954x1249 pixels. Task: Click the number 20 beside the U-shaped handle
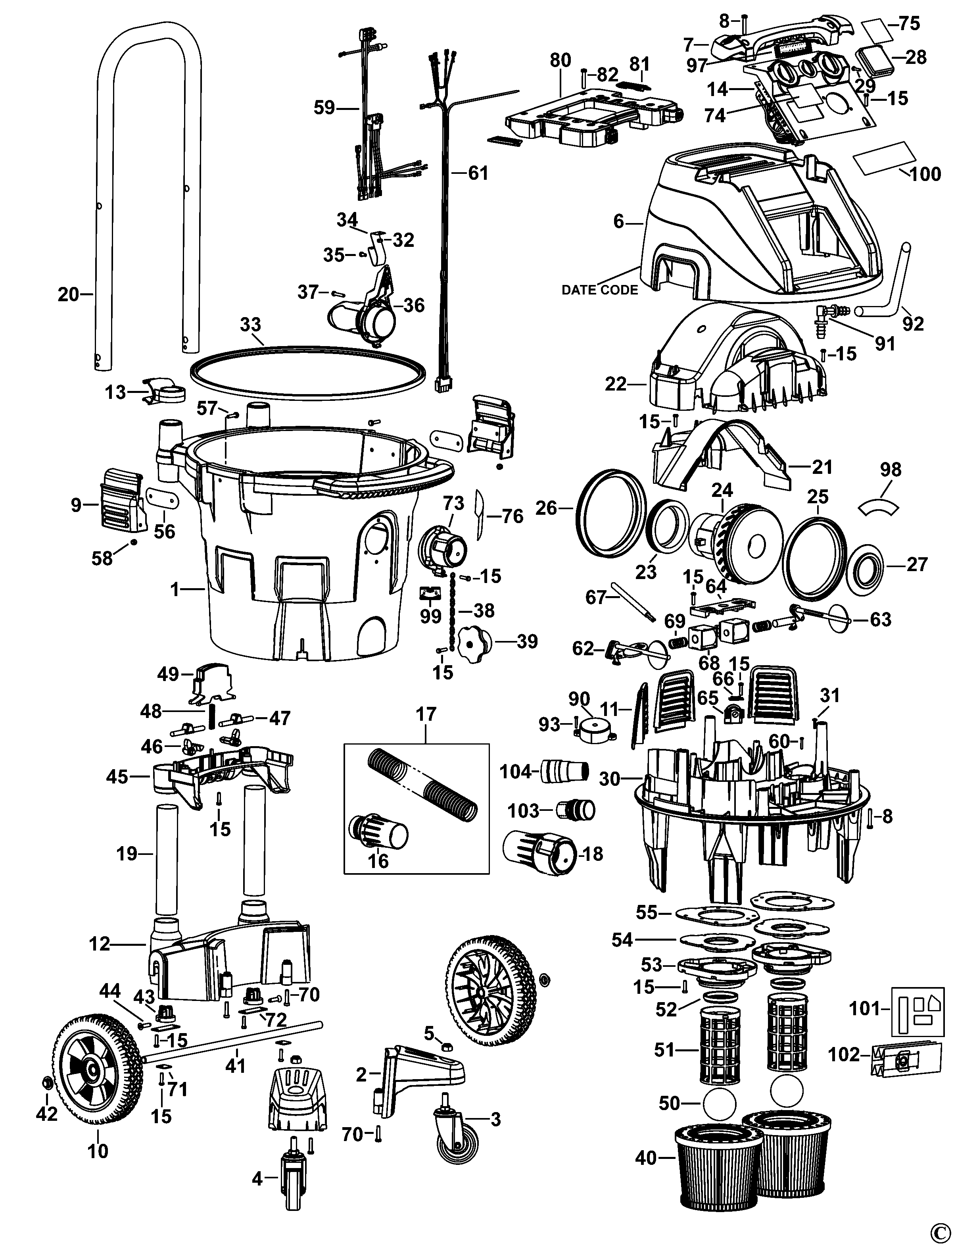68,294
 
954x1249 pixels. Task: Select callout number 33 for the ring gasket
250,325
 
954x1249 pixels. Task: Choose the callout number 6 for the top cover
619,222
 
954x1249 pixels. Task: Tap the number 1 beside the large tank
175,591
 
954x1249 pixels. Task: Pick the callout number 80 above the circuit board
560,61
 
